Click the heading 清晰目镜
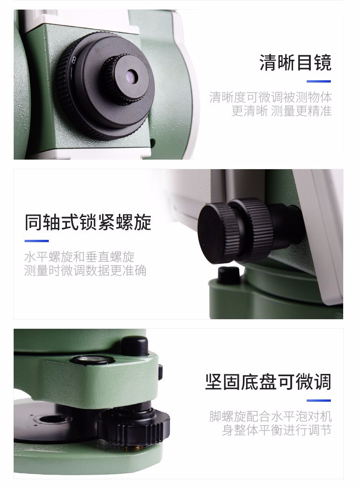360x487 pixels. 295,63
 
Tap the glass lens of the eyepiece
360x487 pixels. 132,76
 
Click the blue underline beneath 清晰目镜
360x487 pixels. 319,81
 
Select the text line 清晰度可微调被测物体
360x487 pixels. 270,97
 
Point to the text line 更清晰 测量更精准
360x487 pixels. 282,111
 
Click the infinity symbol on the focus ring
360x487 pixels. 74,60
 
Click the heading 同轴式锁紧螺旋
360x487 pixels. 88,222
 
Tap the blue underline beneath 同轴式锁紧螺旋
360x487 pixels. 36,241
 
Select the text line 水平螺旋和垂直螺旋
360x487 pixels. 79,257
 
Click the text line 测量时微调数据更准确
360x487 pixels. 85,270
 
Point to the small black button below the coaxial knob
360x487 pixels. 229,275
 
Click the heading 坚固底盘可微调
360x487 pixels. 268,382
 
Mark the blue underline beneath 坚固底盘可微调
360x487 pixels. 319,400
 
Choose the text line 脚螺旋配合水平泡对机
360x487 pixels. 271,416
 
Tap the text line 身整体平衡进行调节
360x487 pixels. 277,430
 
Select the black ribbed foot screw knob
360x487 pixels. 134,423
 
